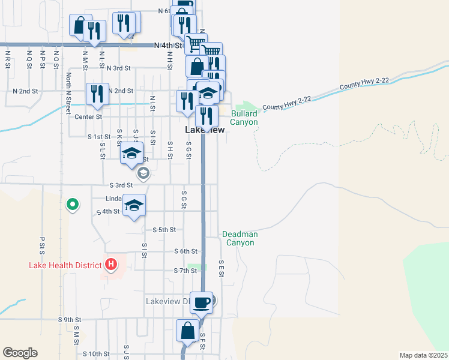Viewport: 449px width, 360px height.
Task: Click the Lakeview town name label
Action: coord(205,130)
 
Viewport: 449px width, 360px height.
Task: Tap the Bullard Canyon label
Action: coord(244,118)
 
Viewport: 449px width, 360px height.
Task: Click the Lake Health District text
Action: coord(64,265)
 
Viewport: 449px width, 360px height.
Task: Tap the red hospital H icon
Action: coord(110,263)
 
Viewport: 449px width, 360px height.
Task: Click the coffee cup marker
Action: coord(201,302)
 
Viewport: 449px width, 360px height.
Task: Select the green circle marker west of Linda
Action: coord(73,205)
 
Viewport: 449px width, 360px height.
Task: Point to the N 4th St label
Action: coord(167,45)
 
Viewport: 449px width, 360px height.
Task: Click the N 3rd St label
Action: coord(118,68)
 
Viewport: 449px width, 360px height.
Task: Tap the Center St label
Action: coord(90,116)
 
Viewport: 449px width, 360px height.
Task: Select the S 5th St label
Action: coord(164,230)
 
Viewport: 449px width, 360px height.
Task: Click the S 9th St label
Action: coord(70,320)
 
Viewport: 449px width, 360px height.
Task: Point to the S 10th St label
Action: coord(96,354)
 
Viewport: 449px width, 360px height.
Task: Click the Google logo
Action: coord(20,353)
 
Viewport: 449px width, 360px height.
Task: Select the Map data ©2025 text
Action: coord(423,355)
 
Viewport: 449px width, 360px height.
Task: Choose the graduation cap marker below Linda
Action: coord(134,206)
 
